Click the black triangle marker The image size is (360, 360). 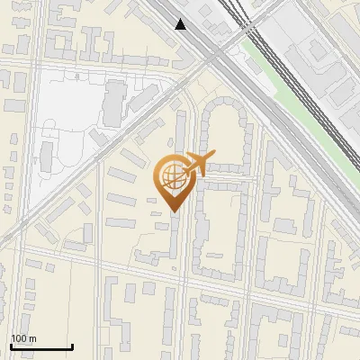182,24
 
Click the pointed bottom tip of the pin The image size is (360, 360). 175,211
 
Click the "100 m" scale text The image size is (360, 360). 23,338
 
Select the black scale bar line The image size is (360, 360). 41,346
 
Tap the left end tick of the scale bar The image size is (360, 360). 11,345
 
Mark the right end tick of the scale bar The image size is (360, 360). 72,345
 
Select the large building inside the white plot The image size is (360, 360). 114,102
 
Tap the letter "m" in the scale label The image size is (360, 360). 32,338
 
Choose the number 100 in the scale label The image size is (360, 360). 19,338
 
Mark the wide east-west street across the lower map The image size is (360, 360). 180,275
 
